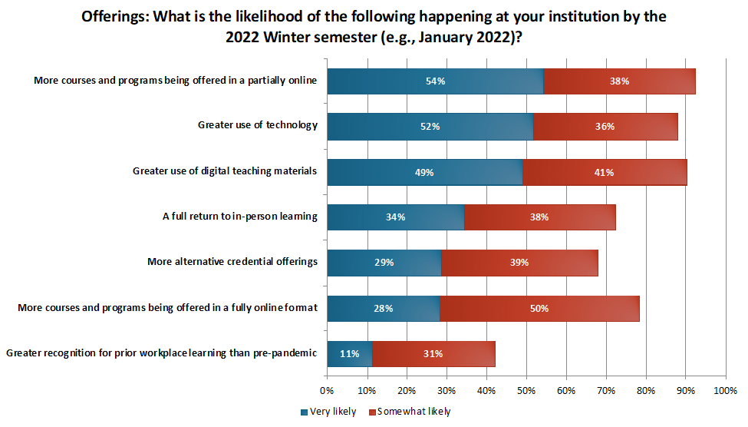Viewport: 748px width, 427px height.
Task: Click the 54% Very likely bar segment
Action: [x=435, y=81]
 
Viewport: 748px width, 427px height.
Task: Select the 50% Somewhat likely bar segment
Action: [x=539, y=309]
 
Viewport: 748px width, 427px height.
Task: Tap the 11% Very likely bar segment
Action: [x=349, y=354]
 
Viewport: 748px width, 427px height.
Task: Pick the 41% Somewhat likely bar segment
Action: [x=605, y=172]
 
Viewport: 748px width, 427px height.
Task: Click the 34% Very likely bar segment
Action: [x=395, y=217]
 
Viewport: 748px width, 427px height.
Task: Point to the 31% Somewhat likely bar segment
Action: [x=433, y=354]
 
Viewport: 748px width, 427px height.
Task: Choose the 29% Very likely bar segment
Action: [x=384, y=263]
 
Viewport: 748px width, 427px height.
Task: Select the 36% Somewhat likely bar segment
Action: [x=606, y=127]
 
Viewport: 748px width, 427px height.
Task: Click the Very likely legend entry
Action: [x=328, y=412]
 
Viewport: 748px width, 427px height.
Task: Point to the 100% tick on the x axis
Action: [x=725, y=391]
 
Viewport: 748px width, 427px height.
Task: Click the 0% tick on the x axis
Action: [x=328, y=391]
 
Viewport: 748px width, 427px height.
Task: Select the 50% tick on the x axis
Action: [x=526, y=391]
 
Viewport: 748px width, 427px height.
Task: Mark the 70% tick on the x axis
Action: [x=606, y=391]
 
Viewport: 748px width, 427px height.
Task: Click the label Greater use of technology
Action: [x=257, y=126]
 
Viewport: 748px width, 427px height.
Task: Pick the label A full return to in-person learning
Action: [x=239, y=217]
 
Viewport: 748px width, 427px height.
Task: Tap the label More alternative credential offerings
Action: [x=232, y=262]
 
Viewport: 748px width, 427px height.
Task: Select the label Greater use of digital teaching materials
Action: [x=225, y=171]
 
